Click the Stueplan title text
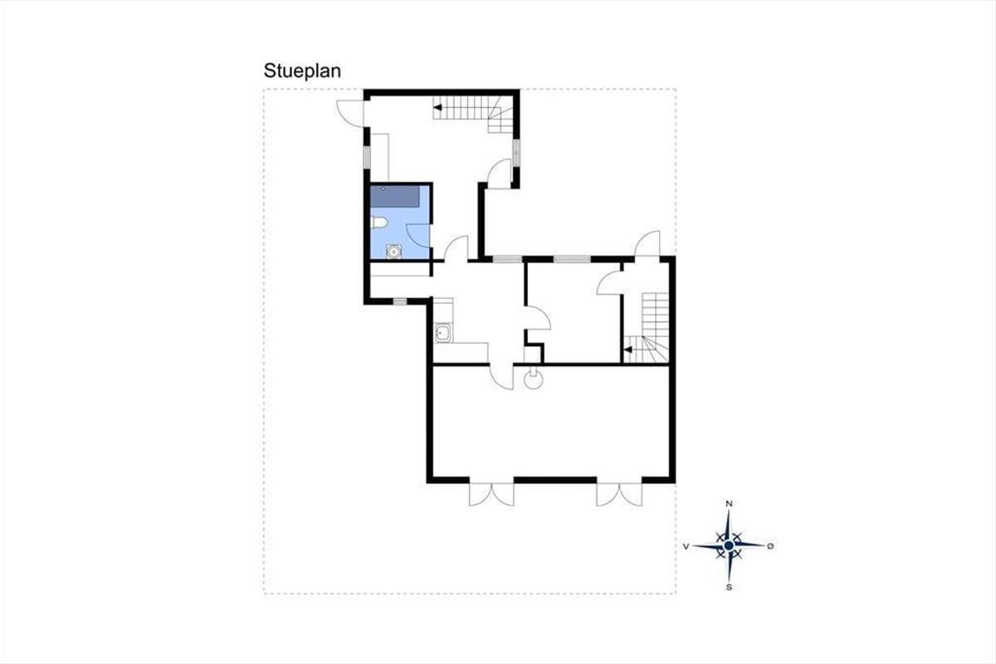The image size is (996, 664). pos(302,71)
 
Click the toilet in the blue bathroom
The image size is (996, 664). pos(378,222)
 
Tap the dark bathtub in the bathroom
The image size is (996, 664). pos(395,196)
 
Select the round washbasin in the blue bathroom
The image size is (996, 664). pos(393,251)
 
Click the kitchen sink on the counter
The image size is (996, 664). pos(443,333)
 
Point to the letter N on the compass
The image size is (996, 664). pos(729,504)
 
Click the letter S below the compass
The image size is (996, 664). pos(729,588)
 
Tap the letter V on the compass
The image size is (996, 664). pos(686,547)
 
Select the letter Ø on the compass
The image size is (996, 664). pos(770,546)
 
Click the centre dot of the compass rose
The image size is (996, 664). pos(729,545)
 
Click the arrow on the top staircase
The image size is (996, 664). pos(437,107)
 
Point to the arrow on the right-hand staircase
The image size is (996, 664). pos(627,350)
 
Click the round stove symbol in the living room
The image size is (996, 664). pos(534,380)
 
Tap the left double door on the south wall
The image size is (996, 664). pos(491,493)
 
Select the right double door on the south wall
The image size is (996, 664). pos(619,493)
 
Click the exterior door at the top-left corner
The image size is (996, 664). pos(351,114)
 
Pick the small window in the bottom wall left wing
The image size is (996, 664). pos(400,301)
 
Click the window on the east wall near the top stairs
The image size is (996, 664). pos(516,153)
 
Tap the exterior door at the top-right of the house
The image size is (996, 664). pos(647,244)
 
